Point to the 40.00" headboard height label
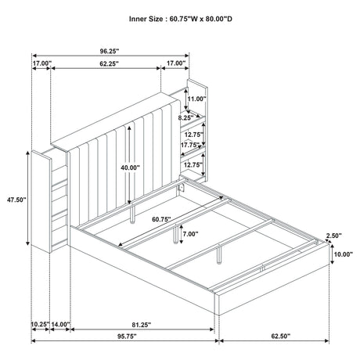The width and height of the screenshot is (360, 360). point(131,167)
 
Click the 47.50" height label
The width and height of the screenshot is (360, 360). point(15,200)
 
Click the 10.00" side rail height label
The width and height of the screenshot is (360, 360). point(343,255)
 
